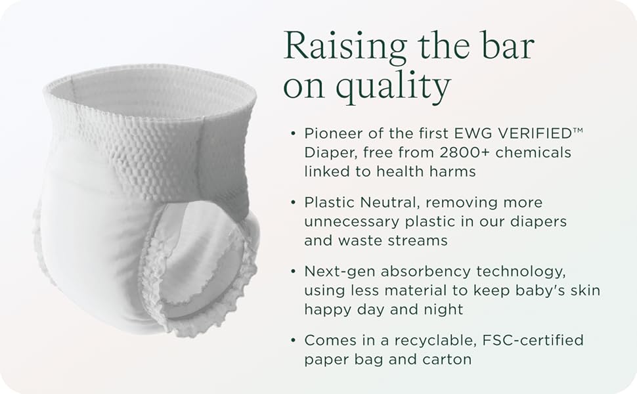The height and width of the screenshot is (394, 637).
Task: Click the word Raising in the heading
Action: (345, 47)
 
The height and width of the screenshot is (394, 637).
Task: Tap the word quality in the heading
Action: (393, 86)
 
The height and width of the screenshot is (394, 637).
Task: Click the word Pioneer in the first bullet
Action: (336, 133)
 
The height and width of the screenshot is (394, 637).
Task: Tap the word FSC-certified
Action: (533, 340)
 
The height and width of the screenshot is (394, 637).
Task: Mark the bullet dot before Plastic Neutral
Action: (294, 202)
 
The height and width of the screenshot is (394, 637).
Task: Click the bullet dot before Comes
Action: (294, 340)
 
